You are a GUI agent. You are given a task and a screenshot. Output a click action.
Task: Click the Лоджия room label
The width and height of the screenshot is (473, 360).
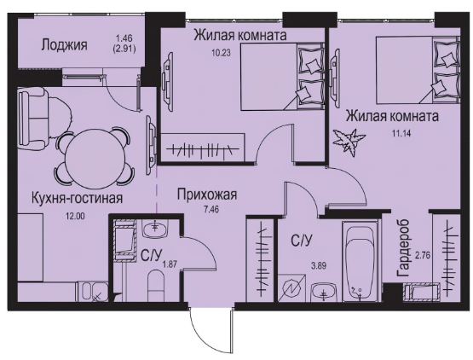[64, 45]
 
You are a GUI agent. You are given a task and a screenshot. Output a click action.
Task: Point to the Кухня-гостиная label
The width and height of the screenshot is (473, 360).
[78, 199]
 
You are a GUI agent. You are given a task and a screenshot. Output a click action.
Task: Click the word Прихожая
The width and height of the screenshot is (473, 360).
[207, 195]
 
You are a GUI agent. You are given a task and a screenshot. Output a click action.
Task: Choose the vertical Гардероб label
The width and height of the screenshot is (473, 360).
[403, 248]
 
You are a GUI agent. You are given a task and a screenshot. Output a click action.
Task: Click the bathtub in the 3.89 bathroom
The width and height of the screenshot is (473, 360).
[360, 262]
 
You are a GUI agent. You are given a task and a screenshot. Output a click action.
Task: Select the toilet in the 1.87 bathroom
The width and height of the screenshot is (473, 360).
[156, 286]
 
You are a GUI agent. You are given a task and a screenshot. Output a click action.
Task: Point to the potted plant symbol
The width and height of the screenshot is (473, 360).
[349, 142]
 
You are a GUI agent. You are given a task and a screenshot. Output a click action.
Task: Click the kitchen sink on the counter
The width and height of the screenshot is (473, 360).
[93, 292]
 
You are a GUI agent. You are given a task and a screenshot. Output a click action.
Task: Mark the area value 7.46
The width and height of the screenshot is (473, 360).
[211, 209]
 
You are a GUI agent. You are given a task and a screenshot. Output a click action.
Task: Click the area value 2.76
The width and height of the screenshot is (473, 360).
[423, 256]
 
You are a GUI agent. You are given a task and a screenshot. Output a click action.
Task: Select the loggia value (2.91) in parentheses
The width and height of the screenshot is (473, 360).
[124, 49]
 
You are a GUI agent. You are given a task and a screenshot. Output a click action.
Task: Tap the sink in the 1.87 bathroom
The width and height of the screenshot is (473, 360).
[155, 229]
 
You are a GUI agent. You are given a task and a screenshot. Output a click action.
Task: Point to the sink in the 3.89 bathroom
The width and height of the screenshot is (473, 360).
[324, 292]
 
